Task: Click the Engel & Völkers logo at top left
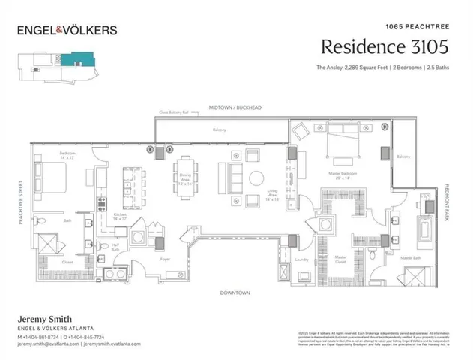(67, 30)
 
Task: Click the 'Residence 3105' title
(385, 46)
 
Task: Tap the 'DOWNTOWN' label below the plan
(235, 292)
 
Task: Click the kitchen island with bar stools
(133, 183)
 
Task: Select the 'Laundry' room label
(302, 260)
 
